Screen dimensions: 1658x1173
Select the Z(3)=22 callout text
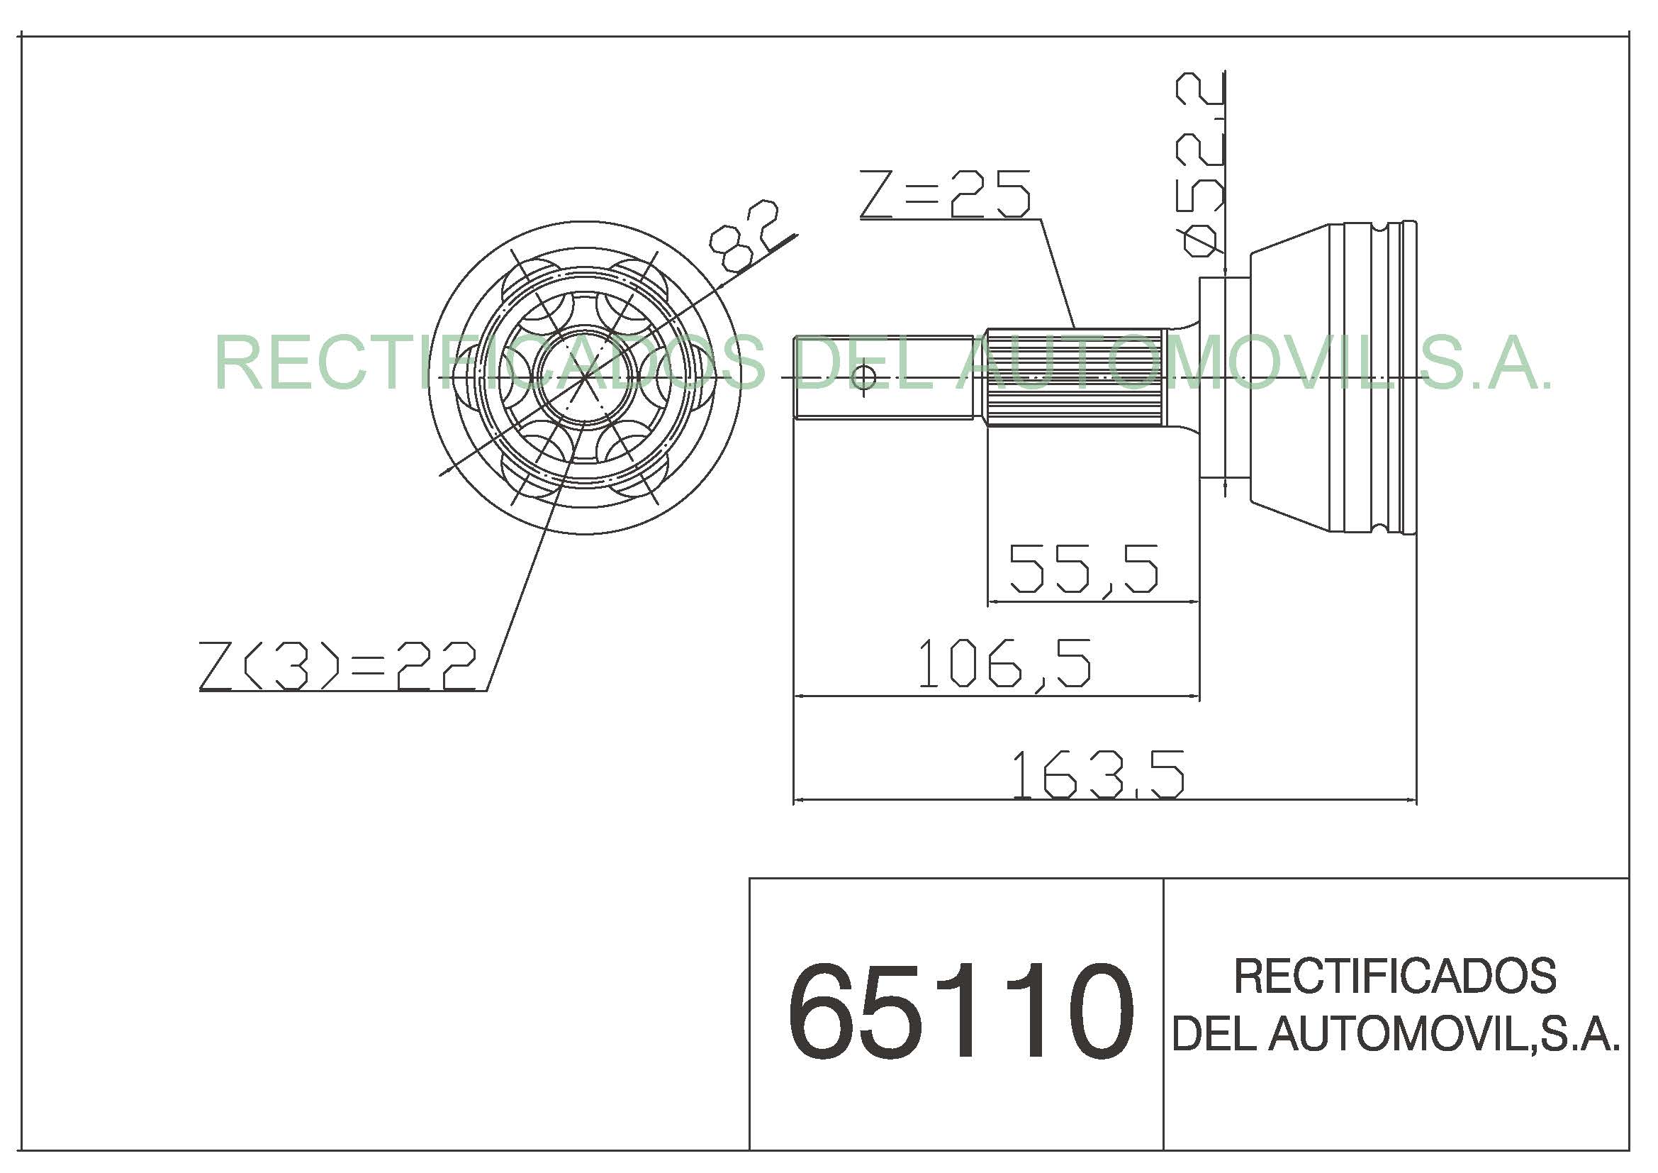point(338,665)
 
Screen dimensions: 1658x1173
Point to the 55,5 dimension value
point(1083,570)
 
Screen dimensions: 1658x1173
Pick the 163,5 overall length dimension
point(1097,774)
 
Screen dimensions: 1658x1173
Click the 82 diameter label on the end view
point(744,236)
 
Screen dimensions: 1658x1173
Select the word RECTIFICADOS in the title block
point(1395,975)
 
